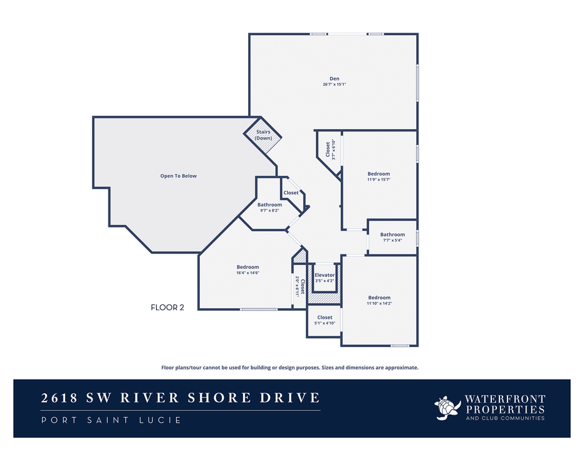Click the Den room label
tap(335, 78)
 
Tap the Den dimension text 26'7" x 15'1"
tap(335, 85)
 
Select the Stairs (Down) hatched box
tap(263, 135)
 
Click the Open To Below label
tap(178, 176)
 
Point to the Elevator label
tap(325, 275)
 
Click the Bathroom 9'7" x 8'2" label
tap(269, 205)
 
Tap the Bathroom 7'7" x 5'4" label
tap(392, 235)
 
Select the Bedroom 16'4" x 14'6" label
tap(248, 267)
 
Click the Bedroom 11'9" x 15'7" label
tap(378, 174)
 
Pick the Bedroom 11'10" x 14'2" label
tap(379, 298)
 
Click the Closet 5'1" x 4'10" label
tap(325, 318)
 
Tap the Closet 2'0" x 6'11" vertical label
tap(300, 288)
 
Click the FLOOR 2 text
tap(167, 307)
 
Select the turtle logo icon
tap(447, 407)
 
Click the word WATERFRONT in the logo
tap(504, 398)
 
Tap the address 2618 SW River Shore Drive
tap(180, 398)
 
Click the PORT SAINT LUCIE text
tap(111, 420)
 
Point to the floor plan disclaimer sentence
tap(289, 368)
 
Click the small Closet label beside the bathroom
tap(291, 193)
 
